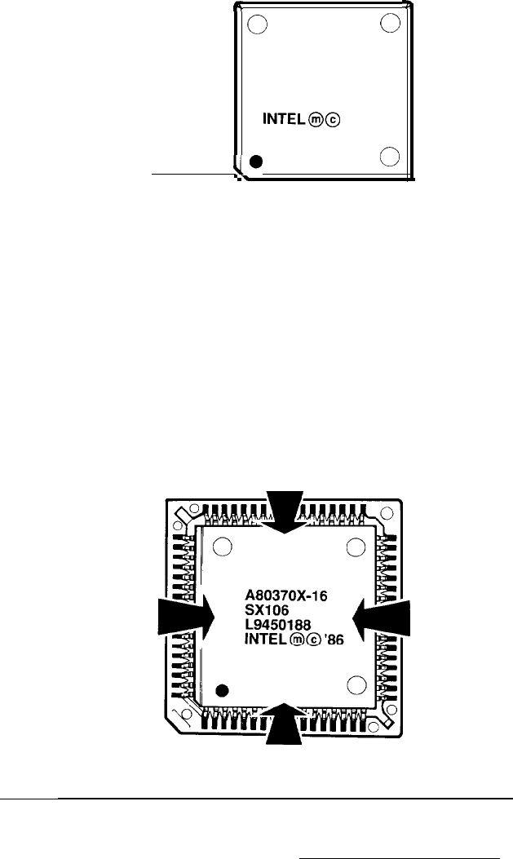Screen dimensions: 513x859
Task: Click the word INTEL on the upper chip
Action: point(287,121)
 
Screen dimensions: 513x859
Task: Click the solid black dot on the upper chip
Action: point(256,162)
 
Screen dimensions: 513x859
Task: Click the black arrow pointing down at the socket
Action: point(286,510)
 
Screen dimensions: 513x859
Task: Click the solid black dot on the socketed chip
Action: point(223,693)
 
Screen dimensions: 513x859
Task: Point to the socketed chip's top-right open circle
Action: point(355,547)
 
